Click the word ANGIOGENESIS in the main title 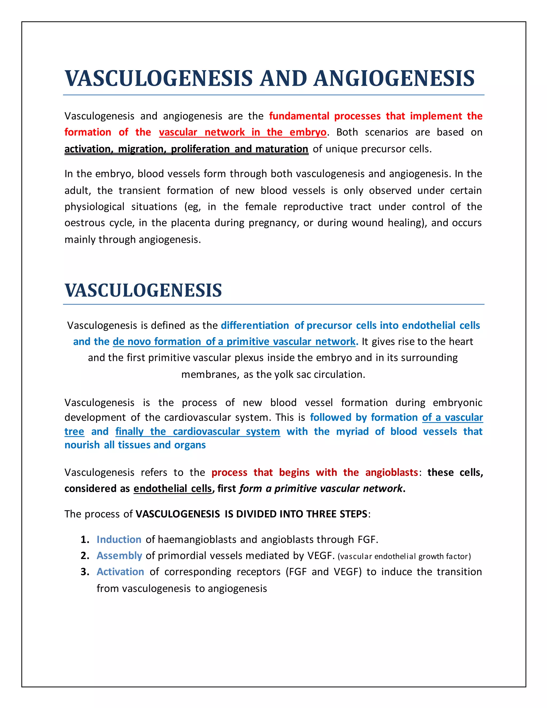394,79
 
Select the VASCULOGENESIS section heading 143,290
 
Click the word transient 139,190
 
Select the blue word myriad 352,431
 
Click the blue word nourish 82,445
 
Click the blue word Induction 119,539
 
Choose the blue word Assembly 119,556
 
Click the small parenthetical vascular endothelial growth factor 404,556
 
